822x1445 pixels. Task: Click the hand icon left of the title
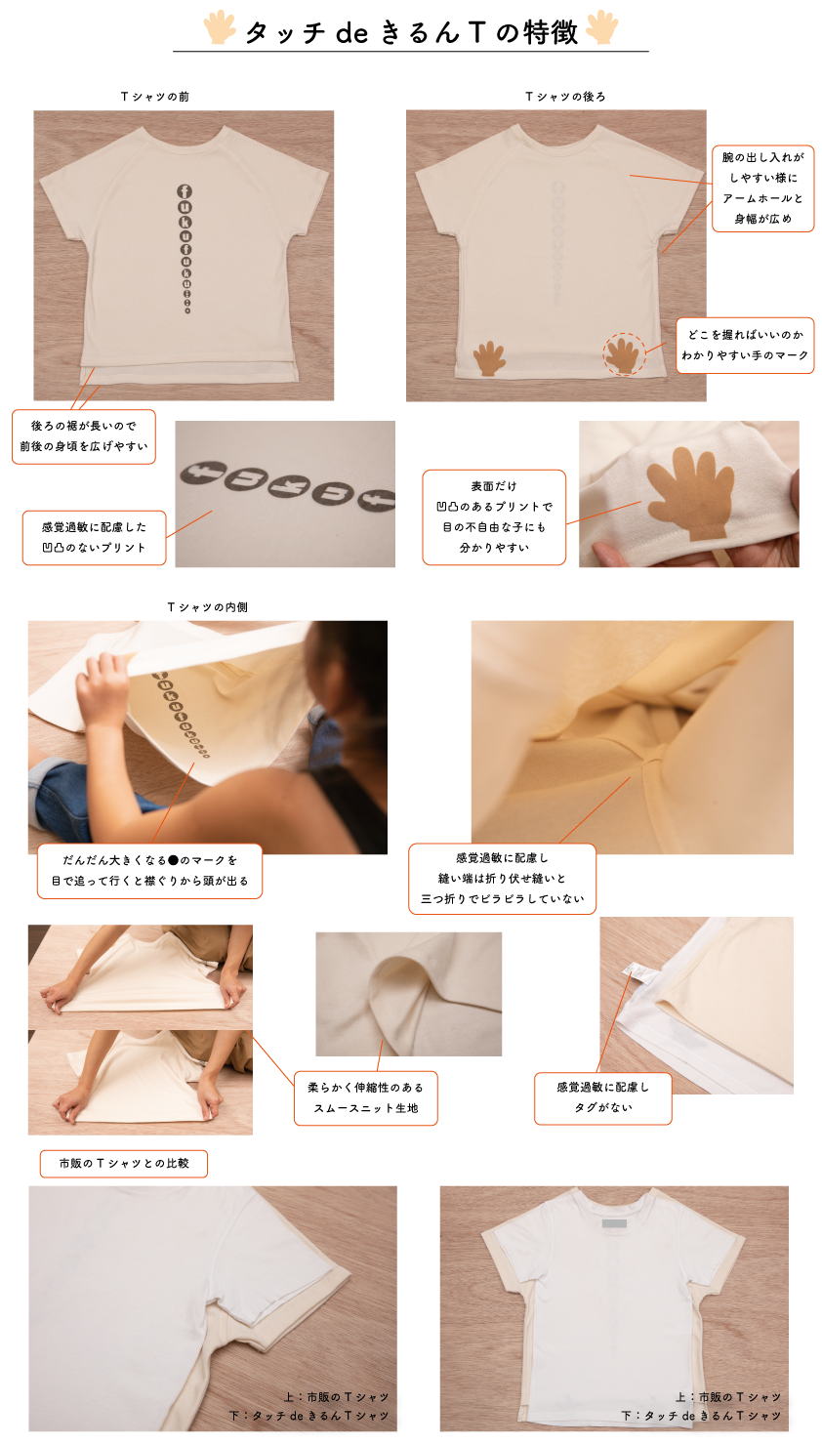[219, 27]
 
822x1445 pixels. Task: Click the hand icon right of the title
[602, 27]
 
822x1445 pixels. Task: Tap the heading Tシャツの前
[155, 97]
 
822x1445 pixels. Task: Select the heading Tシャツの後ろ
[565, 97]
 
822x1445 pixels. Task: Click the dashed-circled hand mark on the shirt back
[624, 354]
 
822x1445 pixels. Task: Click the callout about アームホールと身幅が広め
[762, 188]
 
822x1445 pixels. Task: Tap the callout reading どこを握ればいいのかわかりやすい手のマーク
[745, 345]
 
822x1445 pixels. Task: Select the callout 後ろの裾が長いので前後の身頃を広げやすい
[84, 436]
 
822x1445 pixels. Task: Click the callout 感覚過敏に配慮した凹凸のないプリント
[94, 537]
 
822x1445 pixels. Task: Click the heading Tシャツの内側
[207, 607]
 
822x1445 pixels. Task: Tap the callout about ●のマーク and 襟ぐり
[149, 871]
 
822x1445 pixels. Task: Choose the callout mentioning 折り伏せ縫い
[502, 878]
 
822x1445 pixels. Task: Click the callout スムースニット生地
[366, 1098]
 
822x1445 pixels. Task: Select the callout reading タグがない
[602, 1098]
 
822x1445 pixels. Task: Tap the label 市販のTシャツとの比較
[124, 1163]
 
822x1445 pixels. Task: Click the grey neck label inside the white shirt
[614, 1223]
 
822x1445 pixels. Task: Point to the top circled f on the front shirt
[185, 191]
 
